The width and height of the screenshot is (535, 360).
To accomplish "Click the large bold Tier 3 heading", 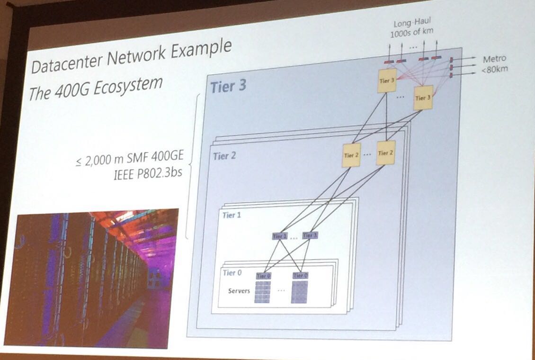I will [228, 87].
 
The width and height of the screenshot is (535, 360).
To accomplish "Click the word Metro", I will [494, 59].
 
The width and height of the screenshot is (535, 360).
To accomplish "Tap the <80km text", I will [494, 69].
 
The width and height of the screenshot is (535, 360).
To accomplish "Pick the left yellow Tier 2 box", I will [351, 154].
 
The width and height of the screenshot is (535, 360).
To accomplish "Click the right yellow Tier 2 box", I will [385, 153].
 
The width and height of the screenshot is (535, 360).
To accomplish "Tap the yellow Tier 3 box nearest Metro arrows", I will [423, 98].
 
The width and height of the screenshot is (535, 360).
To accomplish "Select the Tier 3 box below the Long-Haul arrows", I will [387, 81].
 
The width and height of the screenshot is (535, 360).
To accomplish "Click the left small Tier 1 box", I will [279, 235].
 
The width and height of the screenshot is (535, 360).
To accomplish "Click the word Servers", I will [239, 290].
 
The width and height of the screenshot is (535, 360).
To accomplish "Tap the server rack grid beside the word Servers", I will [263, 292].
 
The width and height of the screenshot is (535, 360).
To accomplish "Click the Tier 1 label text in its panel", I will [232, 216].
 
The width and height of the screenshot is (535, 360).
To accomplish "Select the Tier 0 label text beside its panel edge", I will [232, 273].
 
